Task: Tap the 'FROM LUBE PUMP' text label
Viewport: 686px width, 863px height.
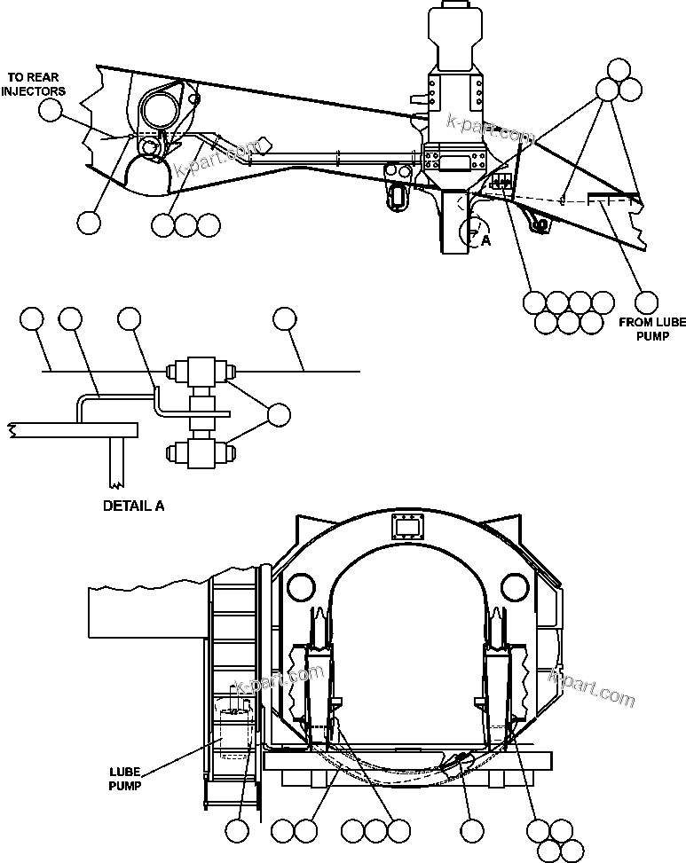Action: click(x=651, y=329)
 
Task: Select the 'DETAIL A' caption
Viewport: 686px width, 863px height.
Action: click(x=134, y=506)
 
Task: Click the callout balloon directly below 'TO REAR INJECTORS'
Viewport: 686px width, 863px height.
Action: click(x=51, y=110)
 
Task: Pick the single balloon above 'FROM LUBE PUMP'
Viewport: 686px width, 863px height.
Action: click(x=647, y=302)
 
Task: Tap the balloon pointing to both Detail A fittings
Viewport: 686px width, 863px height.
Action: click(x=279, y=414)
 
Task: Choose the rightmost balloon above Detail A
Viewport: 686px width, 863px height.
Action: click(x=284, y=318)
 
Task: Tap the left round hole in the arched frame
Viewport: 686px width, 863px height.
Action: click(x=300, y=586)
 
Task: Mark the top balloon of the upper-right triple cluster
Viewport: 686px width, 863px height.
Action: click(x=619, y=70)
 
